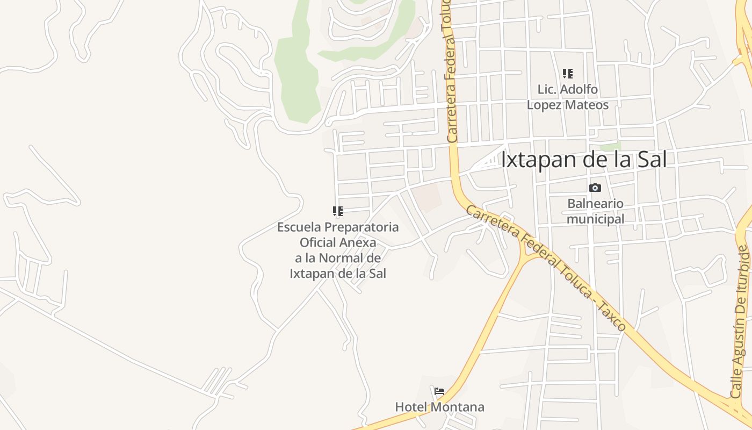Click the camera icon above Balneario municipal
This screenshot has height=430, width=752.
595,188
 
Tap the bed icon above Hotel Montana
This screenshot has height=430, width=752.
439,391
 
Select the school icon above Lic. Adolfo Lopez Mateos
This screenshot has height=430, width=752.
568,74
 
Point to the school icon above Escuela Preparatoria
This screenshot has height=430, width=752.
337,211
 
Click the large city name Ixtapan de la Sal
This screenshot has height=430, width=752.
584,160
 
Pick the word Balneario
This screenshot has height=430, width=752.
595,204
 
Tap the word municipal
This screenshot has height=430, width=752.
595,219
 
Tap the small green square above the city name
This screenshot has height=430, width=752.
610,146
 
